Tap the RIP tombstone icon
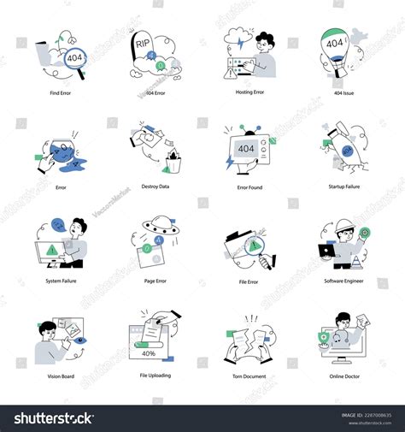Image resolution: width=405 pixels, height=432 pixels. pyautogui.click(x=143, y=47)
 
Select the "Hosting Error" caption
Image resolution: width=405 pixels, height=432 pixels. pyautogui.click(x=249, y=91)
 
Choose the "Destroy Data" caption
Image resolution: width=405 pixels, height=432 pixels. pyautogui.click(x=155, y=186)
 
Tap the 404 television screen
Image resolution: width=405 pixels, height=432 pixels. pyautogui.click(x=246, y=148)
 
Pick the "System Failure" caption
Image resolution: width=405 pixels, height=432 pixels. pyautogui.click(x=61, y=281)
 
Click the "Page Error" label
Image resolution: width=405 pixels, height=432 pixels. pyautogui.click(x=155, y=281)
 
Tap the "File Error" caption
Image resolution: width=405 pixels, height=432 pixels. pyautogui.click(x=249, y=281)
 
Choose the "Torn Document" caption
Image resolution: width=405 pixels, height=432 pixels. pyautogui.click(x=249, y=376)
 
